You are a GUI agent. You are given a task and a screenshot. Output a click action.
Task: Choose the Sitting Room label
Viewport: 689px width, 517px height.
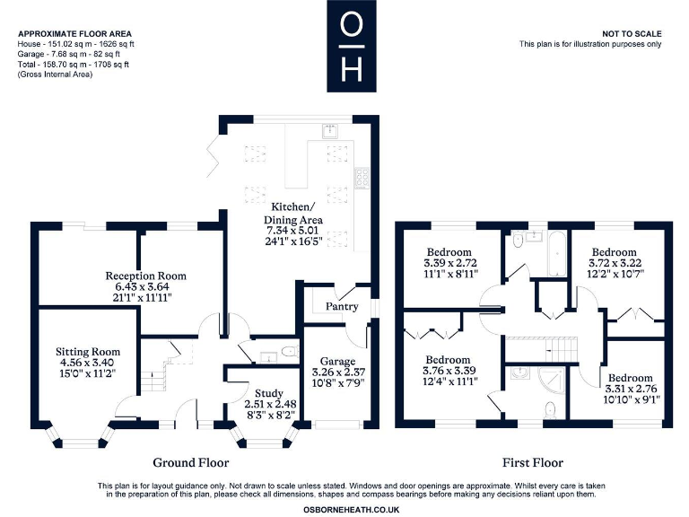(87, 352)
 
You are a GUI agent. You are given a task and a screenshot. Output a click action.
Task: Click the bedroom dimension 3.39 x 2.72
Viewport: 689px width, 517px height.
(451, 265)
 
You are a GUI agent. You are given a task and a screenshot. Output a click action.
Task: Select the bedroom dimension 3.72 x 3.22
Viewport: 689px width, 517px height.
(612, 263)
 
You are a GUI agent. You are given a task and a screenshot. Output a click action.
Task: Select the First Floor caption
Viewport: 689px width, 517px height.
(533, 463)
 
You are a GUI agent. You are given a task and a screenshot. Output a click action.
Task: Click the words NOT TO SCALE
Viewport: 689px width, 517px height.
(632, 33)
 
